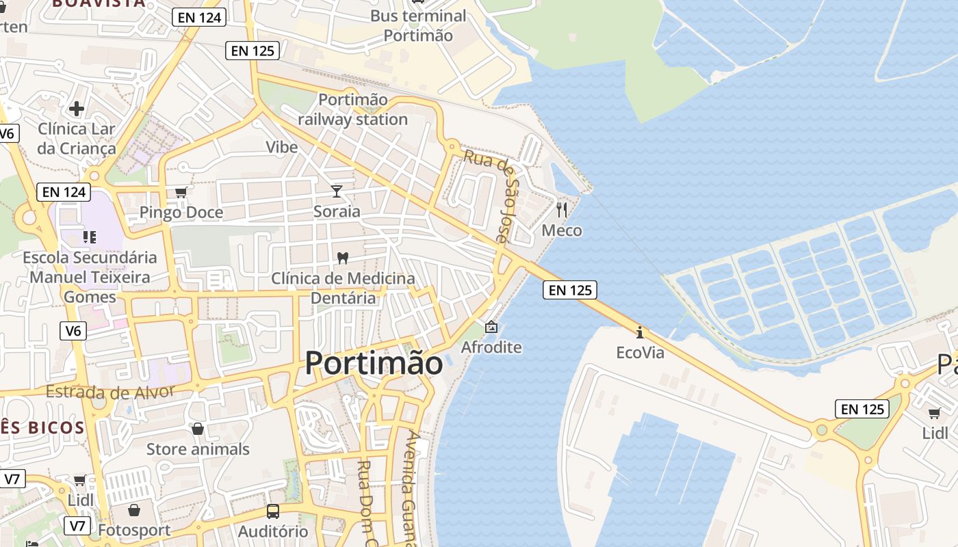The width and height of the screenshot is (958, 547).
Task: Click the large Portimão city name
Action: tap(374, 362)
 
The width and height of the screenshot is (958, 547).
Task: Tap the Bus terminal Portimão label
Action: tap(418, 25)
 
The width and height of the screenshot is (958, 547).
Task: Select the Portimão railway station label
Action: tap(353, 109)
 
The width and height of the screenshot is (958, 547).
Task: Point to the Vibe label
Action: tap(282, 147)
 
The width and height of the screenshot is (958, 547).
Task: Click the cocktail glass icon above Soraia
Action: tap(337, 191)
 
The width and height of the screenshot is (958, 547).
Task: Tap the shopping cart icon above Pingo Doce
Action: tap(181, 192)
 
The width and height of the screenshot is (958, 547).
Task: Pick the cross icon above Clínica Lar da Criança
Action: tap(77, 108)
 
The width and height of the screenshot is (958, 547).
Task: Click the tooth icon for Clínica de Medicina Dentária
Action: tap(343, 258)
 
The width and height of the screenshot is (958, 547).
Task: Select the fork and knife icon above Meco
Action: tap(562, 209)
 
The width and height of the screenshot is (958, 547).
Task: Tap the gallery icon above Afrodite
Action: tap(491, 327)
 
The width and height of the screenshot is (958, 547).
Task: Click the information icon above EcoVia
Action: tap(640, 332)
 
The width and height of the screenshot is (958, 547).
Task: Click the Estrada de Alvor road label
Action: tap(110, 392)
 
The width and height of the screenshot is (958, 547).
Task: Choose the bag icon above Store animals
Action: tap(198, 429)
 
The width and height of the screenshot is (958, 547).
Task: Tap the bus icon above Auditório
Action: tap(273, 511)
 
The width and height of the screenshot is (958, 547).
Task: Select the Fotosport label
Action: tap(134, 530)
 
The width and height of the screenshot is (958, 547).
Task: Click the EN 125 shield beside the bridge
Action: tap(570, 290)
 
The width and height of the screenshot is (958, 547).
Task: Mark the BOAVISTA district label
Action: tap(99, 3)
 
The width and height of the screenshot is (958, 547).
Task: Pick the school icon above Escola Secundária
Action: tap(90, 237)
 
